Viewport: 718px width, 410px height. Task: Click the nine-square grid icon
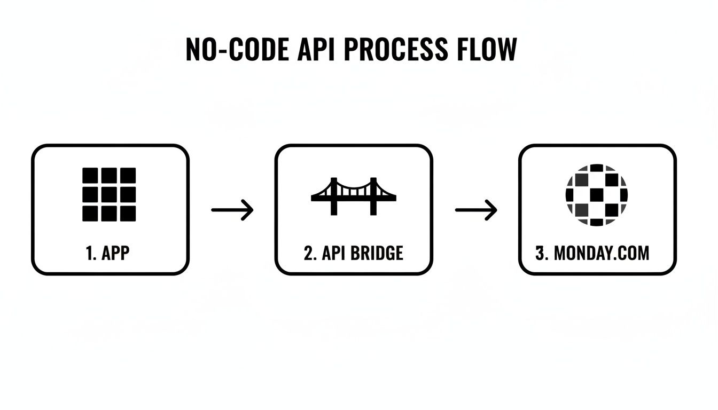109,194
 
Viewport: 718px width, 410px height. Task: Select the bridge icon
354,195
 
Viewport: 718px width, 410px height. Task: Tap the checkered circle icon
597,194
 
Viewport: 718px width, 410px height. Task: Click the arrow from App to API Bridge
232,210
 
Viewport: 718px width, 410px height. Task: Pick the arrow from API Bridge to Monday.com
476,210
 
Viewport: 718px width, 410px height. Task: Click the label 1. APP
107,253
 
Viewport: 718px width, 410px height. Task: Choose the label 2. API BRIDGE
353,253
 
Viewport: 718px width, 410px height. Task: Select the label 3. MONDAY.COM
592,253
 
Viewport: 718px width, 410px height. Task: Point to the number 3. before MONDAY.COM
542,253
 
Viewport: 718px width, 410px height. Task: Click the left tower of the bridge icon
334,196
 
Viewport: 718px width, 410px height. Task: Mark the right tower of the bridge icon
373,196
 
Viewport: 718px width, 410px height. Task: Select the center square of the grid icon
109,194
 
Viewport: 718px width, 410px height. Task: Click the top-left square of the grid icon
90,176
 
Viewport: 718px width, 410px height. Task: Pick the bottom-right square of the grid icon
128,213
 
